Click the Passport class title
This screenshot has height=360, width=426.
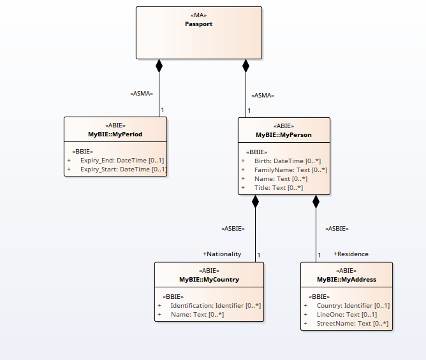pos(199,24)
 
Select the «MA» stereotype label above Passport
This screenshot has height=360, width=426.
pos(199,15)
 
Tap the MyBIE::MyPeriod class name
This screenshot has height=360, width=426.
pos(115,135)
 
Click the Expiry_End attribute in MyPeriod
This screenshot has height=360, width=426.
pos(122,161)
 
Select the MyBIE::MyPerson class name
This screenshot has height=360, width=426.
pos(284,135)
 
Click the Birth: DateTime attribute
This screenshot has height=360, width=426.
pos(287,161)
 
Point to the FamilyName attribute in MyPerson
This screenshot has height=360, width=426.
pos(290,170)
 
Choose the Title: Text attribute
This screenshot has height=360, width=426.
pos(278,188)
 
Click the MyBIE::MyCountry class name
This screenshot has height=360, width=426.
pos(209,280)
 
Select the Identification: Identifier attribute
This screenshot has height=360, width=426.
pos(216,306)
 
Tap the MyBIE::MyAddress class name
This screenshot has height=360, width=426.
pos(346,280)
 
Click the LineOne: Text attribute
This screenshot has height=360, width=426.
pos(346,315)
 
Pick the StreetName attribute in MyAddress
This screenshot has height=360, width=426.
pos(353,324)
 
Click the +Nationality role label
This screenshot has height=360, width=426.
pos(222,254)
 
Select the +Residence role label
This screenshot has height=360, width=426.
pos(351,254)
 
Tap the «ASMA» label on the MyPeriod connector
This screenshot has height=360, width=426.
pos(142,94)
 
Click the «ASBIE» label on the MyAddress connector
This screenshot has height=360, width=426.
pos(337,228)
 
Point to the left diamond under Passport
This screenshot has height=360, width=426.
pos(159,65)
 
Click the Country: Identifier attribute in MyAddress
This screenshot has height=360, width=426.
pos(353,306)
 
